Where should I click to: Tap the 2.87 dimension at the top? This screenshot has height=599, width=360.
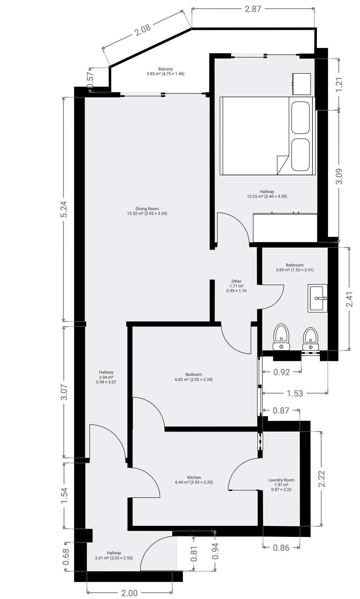(x=253, y=9)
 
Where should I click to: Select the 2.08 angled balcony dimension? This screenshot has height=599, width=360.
(x=142, y=30)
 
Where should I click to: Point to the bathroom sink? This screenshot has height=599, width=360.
(x=318, y=298)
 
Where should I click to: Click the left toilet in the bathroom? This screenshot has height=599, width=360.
(x=281, y=337)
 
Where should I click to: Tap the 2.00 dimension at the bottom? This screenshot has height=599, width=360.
(x=129, y=593)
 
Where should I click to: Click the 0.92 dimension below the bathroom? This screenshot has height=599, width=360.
(x=281, y=372)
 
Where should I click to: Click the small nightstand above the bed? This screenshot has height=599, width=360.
(x=301, y=84)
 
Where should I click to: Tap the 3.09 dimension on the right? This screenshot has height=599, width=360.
(x=339, y=177)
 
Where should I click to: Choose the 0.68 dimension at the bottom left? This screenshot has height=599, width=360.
(x=66, y=557)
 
